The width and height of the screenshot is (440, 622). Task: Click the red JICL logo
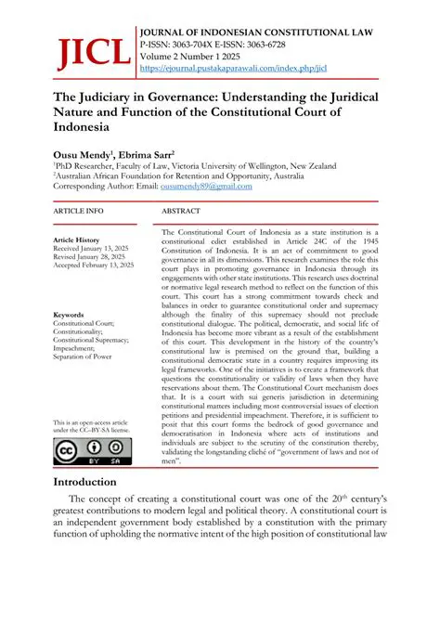pyautogui.click(x=92, y=52)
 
